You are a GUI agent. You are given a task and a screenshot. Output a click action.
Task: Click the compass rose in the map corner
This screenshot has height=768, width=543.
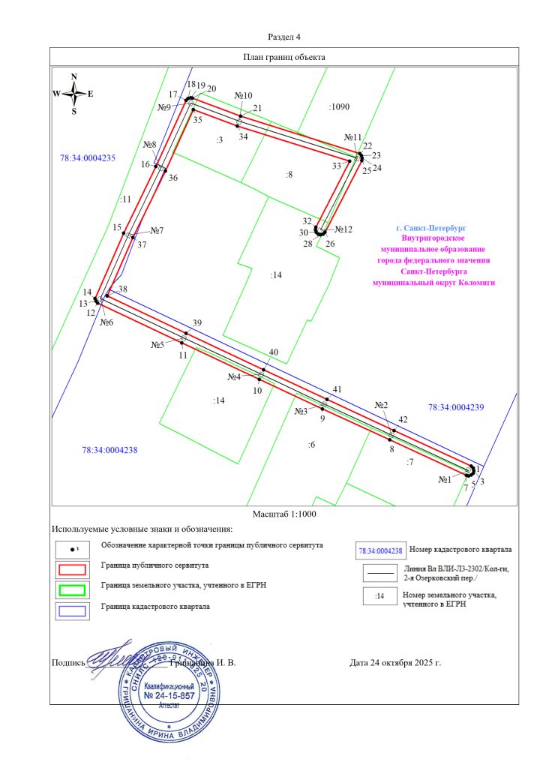point(73,94)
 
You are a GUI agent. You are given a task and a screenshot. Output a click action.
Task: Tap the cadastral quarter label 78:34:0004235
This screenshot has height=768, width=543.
point(87,158)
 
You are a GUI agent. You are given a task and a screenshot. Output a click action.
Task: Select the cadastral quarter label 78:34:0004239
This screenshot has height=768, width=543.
point(456,407)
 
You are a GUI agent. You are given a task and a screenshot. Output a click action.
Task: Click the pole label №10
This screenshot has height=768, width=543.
point(243,96)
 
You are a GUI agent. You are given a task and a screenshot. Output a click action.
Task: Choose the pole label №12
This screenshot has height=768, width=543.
point(343,229)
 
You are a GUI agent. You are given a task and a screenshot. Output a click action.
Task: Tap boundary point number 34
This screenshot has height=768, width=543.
point(243,137)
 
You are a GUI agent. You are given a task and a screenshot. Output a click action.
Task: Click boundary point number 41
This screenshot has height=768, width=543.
point(337,389)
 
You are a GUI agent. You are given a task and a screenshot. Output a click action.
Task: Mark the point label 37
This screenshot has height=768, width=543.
point(142,245)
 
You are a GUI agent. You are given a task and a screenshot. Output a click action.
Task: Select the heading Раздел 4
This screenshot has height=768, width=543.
point(283,37)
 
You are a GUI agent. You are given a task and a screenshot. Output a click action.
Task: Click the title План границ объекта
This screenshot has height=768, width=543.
point(284,56)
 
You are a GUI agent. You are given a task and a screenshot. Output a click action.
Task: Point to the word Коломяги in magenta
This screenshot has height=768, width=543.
point(478,283)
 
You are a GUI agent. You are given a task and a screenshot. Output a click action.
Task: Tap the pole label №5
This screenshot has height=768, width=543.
point(157,345)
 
